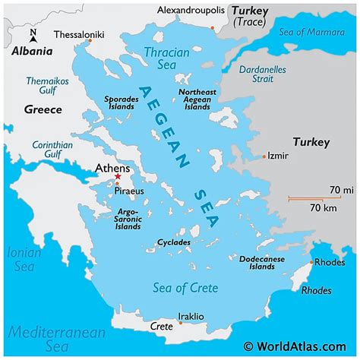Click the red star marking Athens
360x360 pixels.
(x=118, y=177)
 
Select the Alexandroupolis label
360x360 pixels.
(x=191, y=10)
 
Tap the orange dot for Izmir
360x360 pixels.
(x=264, y=156)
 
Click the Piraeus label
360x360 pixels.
(x=130, y=191)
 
